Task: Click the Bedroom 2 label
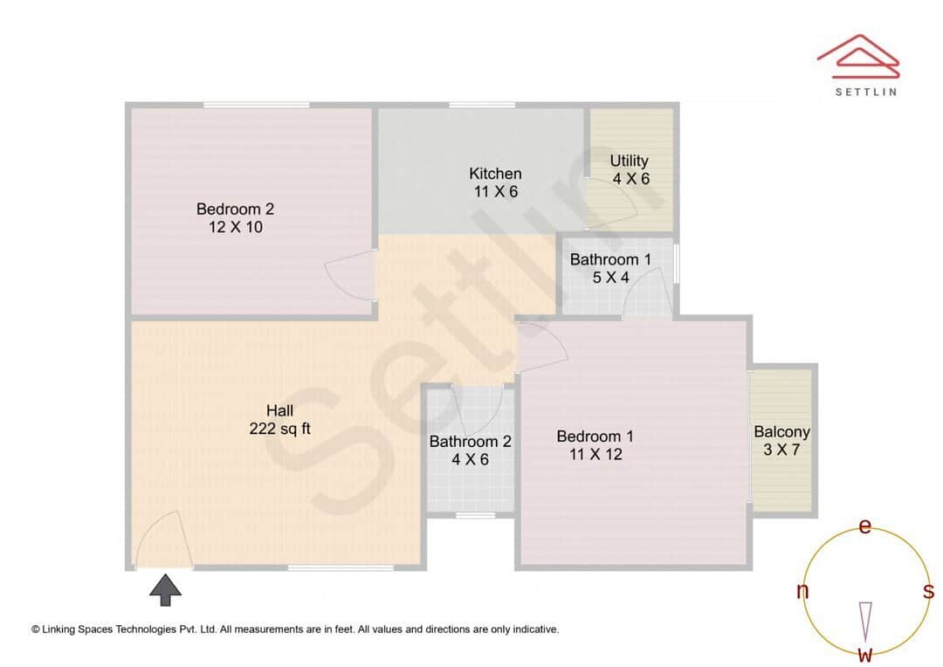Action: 235,209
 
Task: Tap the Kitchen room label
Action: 495,173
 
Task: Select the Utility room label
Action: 630,161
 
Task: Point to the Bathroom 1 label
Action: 610,259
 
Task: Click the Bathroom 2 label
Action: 470,441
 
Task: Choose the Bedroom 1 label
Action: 595,437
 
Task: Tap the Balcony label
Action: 781,431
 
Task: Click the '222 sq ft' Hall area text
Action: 279,429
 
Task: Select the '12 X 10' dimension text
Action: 235,228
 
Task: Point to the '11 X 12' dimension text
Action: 595,454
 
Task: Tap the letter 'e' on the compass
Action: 865,526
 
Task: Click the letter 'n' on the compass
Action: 802,591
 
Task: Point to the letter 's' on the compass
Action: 928,591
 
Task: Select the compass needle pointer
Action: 865,620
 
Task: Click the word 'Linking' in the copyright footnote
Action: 65,629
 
